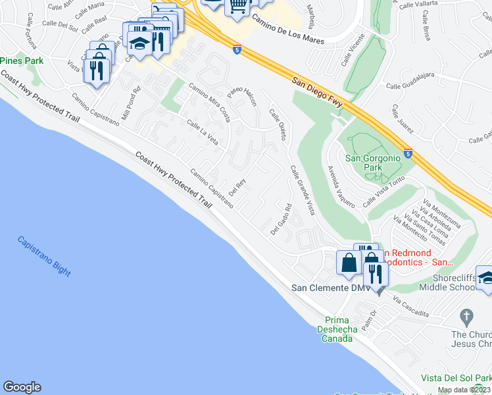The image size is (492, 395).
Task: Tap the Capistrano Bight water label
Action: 44,256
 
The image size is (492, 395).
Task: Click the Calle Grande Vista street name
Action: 303,190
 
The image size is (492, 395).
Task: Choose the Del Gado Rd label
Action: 281,220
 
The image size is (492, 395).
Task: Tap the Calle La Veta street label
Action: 203,131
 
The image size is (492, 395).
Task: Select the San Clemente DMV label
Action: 327,288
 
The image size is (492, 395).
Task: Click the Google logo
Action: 22,387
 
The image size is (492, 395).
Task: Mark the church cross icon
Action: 467,316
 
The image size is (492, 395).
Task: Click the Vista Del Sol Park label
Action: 456,379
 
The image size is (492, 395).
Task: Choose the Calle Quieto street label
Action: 278,124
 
